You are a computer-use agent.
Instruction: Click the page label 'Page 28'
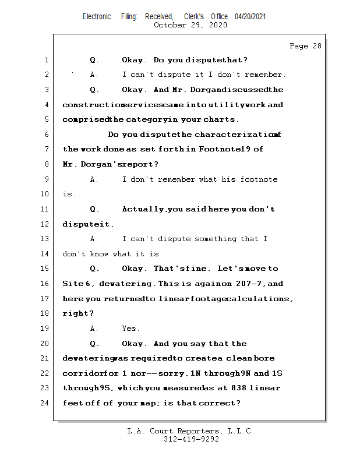point(305,46)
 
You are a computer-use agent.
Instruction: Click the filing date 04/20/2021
point(250,16)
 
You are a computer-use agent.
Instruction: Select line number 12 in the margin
point(45,224)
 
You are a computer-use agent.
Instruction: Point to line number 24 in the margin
point(45,403)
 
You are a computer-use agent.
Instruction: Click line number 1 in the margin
point(45,60)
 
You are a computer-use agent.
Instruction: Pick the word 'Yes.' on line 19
point(131,329)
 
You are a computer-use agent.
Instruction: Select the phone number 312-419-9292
point(191,439)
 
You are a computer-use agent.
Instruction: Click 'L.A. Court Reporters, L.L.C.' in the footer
point(191,431)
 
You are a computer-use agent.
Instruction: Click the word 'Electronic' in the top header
point(97,16)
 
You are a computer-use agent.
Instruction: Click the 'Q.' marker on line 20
point(94,344)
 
